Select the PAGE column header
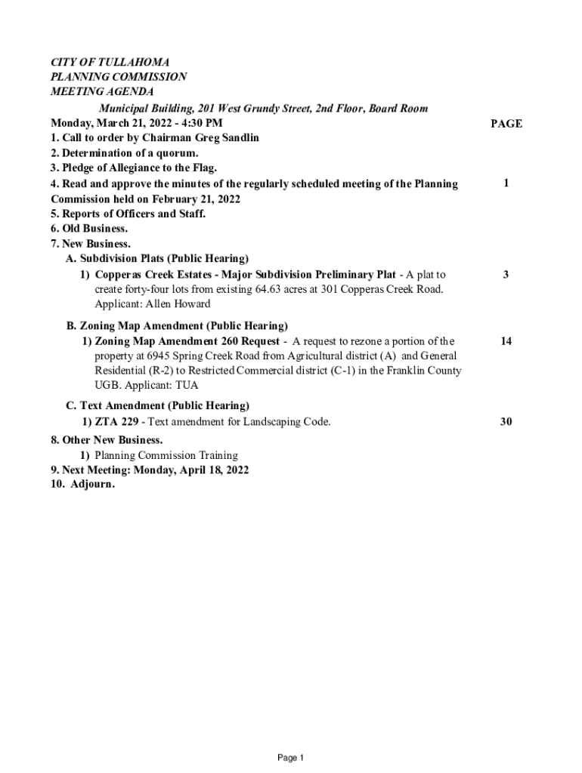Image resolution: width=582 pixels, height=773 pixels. point(506,124)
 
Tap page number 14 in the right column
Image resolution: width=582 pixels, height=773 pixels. point(506,341)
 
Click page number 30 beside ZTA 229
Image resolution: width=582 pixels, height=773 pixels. point(506,422)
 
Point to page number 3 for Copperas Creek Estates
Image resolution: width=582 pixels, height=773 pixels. point(506,275)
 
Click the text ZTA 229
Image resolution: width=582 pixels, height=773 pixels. point(116,422)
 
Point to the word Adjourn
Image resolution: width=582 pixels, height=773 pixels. point(92,485)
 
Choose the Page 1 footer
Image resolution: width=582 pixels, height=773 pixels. point(290,757)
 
